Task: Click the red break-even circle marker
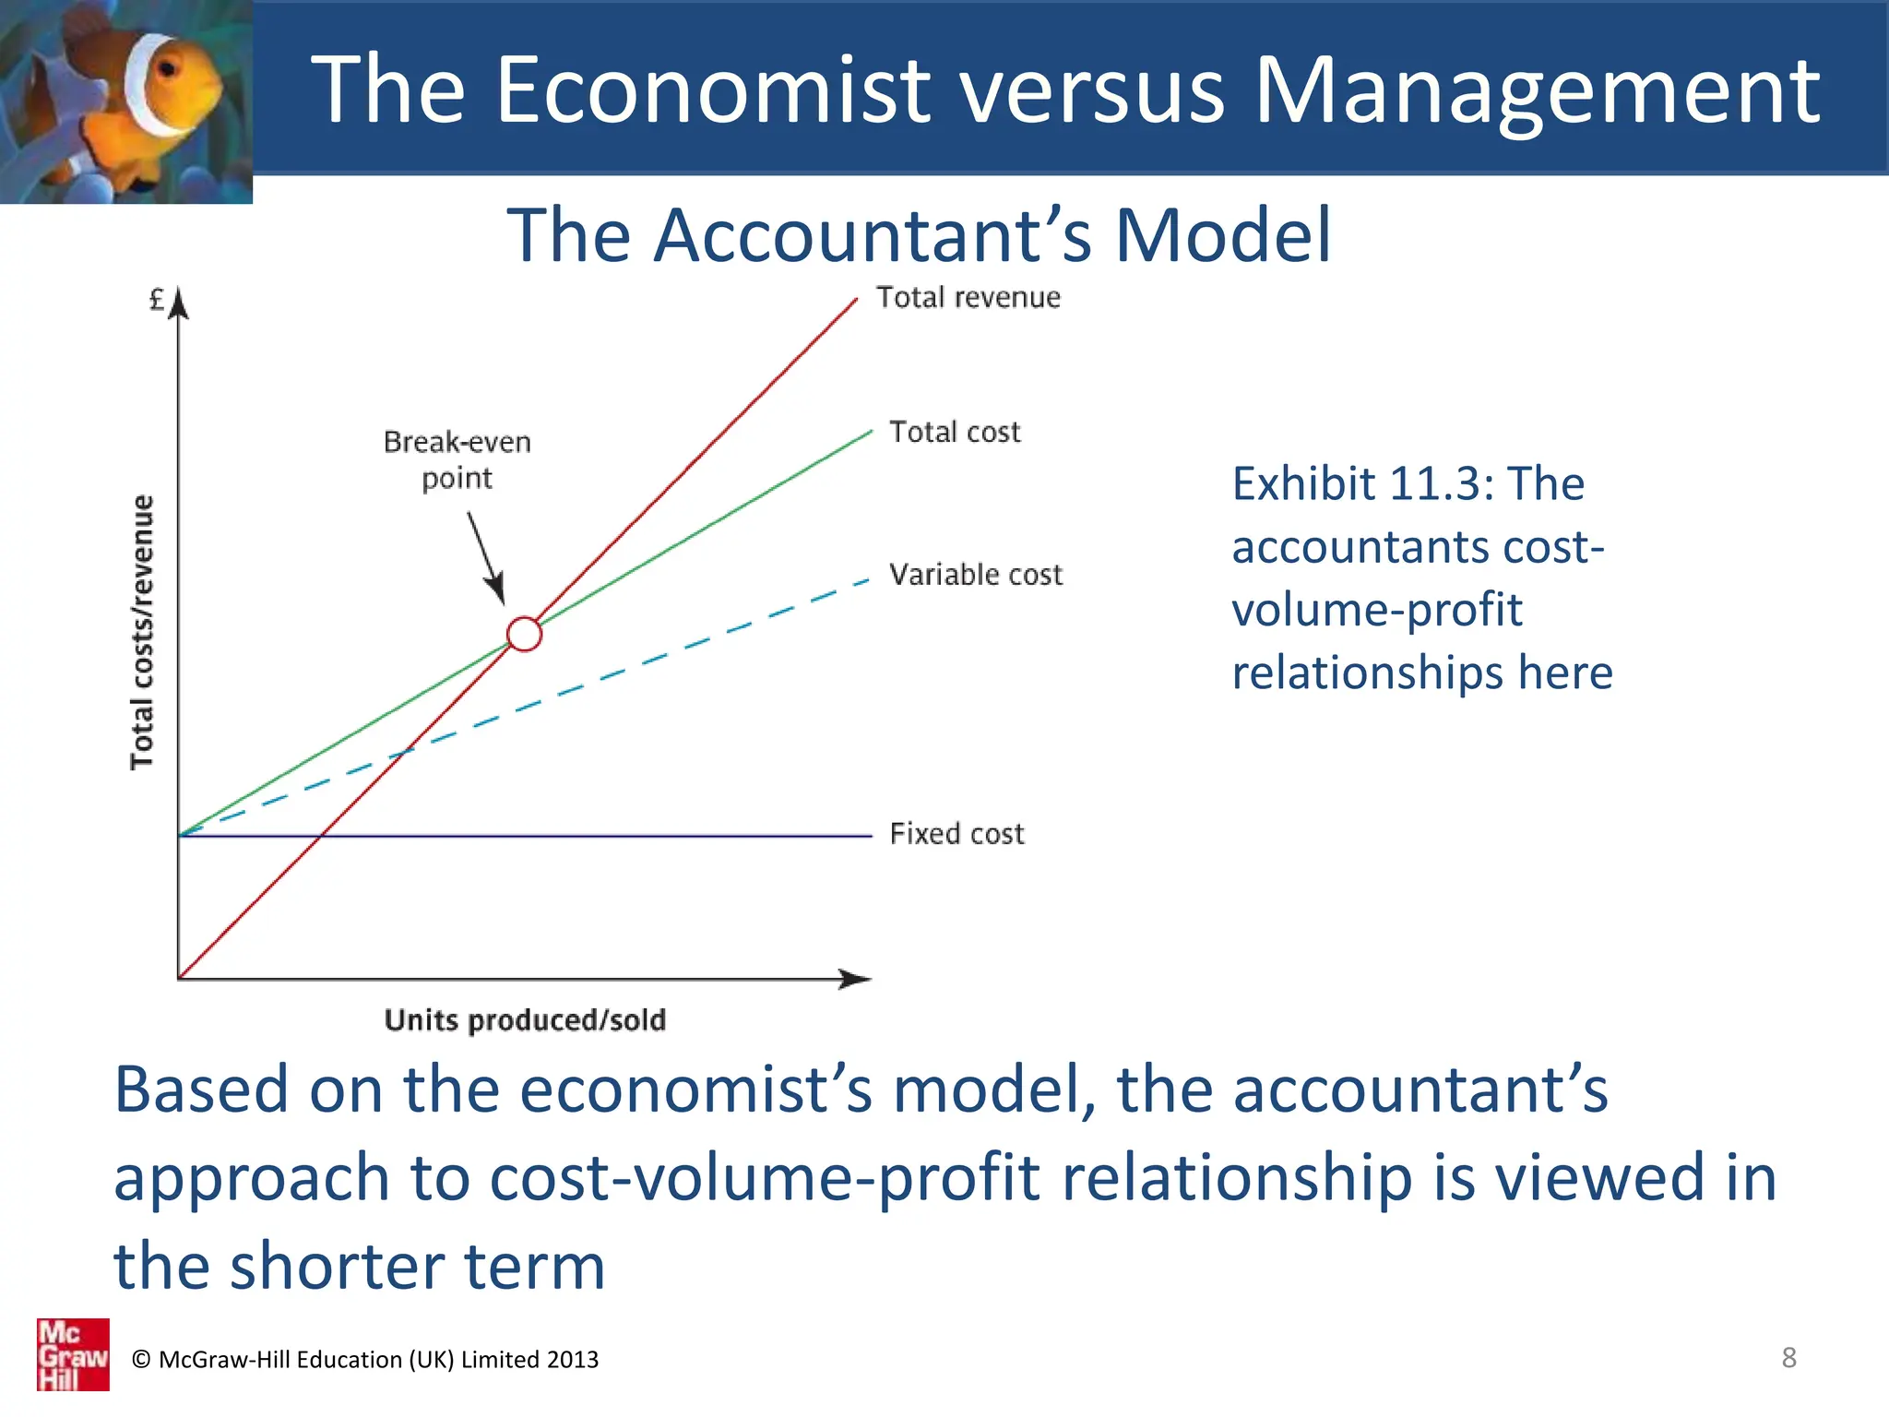click(524, 634)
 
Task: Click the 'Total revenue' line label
click(968, 298)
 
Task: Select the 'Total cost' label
click(955, 432)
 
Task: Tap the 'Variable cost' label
click(975, 575)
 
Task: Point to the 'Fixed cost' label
click(956, 834)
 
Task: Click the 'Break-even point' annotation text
click(457, 459)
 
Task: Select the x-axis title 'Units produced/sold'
click(525, 1020)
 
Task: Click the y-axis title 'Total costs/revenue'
click(141, 632)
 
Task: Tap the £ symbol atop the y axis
click(157, 300)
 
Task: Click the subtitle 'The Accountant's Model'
click(919, 235)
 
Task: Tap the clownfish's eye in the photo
click(168, 69)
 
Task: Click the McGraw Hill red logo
click(73, 1354)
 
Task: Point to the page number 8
click(1788, 1358)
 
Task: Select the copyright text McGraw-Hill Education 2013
click(365, 1360)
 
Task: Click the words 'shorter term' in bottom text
click(417, 1267)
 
